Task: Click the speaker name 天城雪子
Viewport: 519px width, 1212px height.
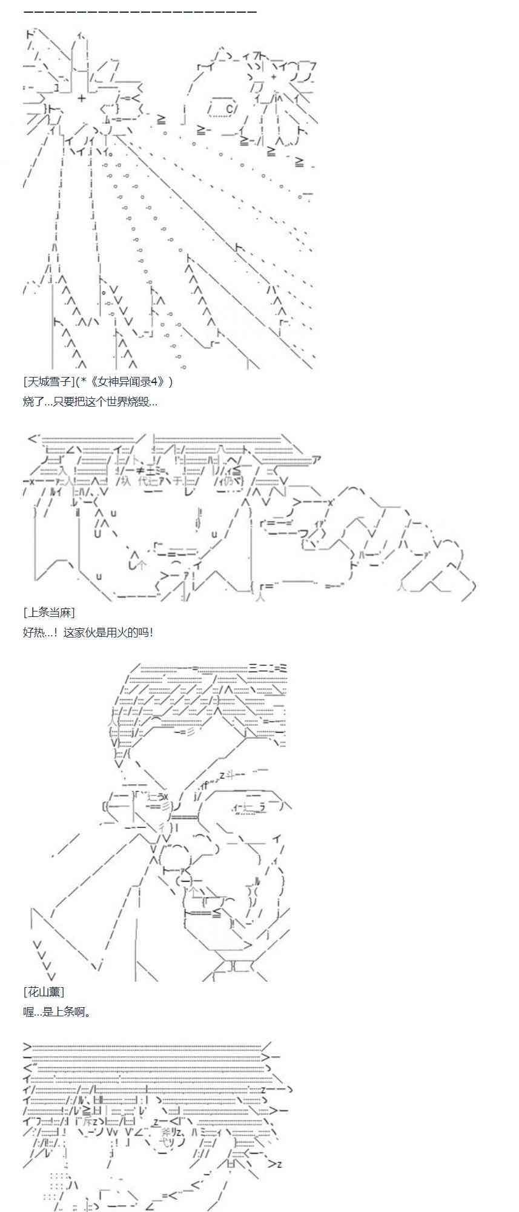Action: (48, 382)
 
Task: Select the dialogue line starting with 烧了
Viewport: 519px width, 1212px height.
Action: (90, 401)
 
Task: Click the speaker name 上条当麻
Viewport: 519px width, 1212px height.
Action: (49, 612)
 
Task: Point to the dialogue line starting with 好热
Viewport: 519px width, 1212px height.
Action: (88, 632)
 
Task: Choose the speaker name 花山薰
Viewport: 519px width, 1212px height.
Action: (44, 992)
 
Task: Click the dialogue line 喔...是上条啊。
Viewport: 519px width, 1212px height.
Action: (57, 1011)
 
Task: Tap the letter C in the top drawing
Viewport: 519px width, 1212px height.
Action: (229, 108)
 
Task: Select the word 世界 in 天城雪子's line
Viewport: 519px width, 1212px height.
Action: (107, 401)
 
